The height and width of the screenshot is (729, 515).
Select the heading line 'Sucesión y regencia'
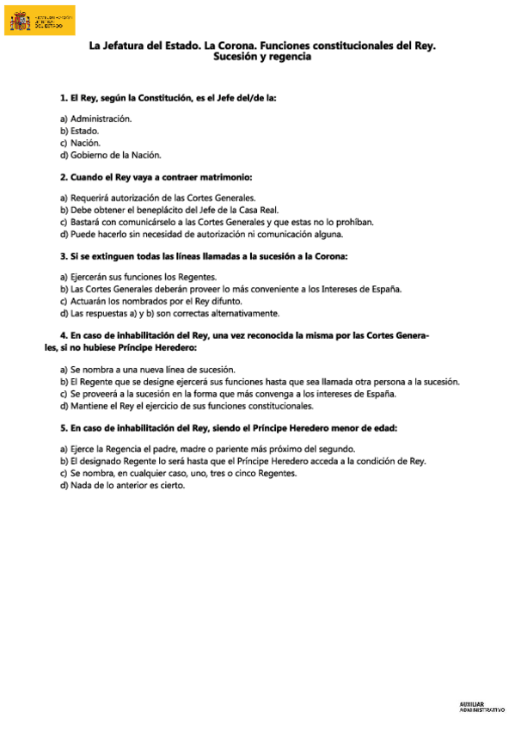click(262, 58)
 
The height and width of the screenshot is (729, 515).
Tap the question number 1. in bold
click(64, 99)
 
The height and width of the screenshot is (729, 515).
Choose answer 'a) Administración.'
click(95, 118)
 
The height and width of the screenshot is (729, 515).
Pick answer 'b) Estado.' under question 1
click(79, 131)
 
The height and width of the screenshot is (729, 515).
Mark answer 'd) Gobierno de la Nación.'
click(110, 156)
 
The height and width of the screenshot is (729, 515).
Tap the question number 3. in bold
click(64, 256)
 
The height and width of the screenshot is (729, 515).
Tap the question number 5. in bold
click(64, 427)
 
